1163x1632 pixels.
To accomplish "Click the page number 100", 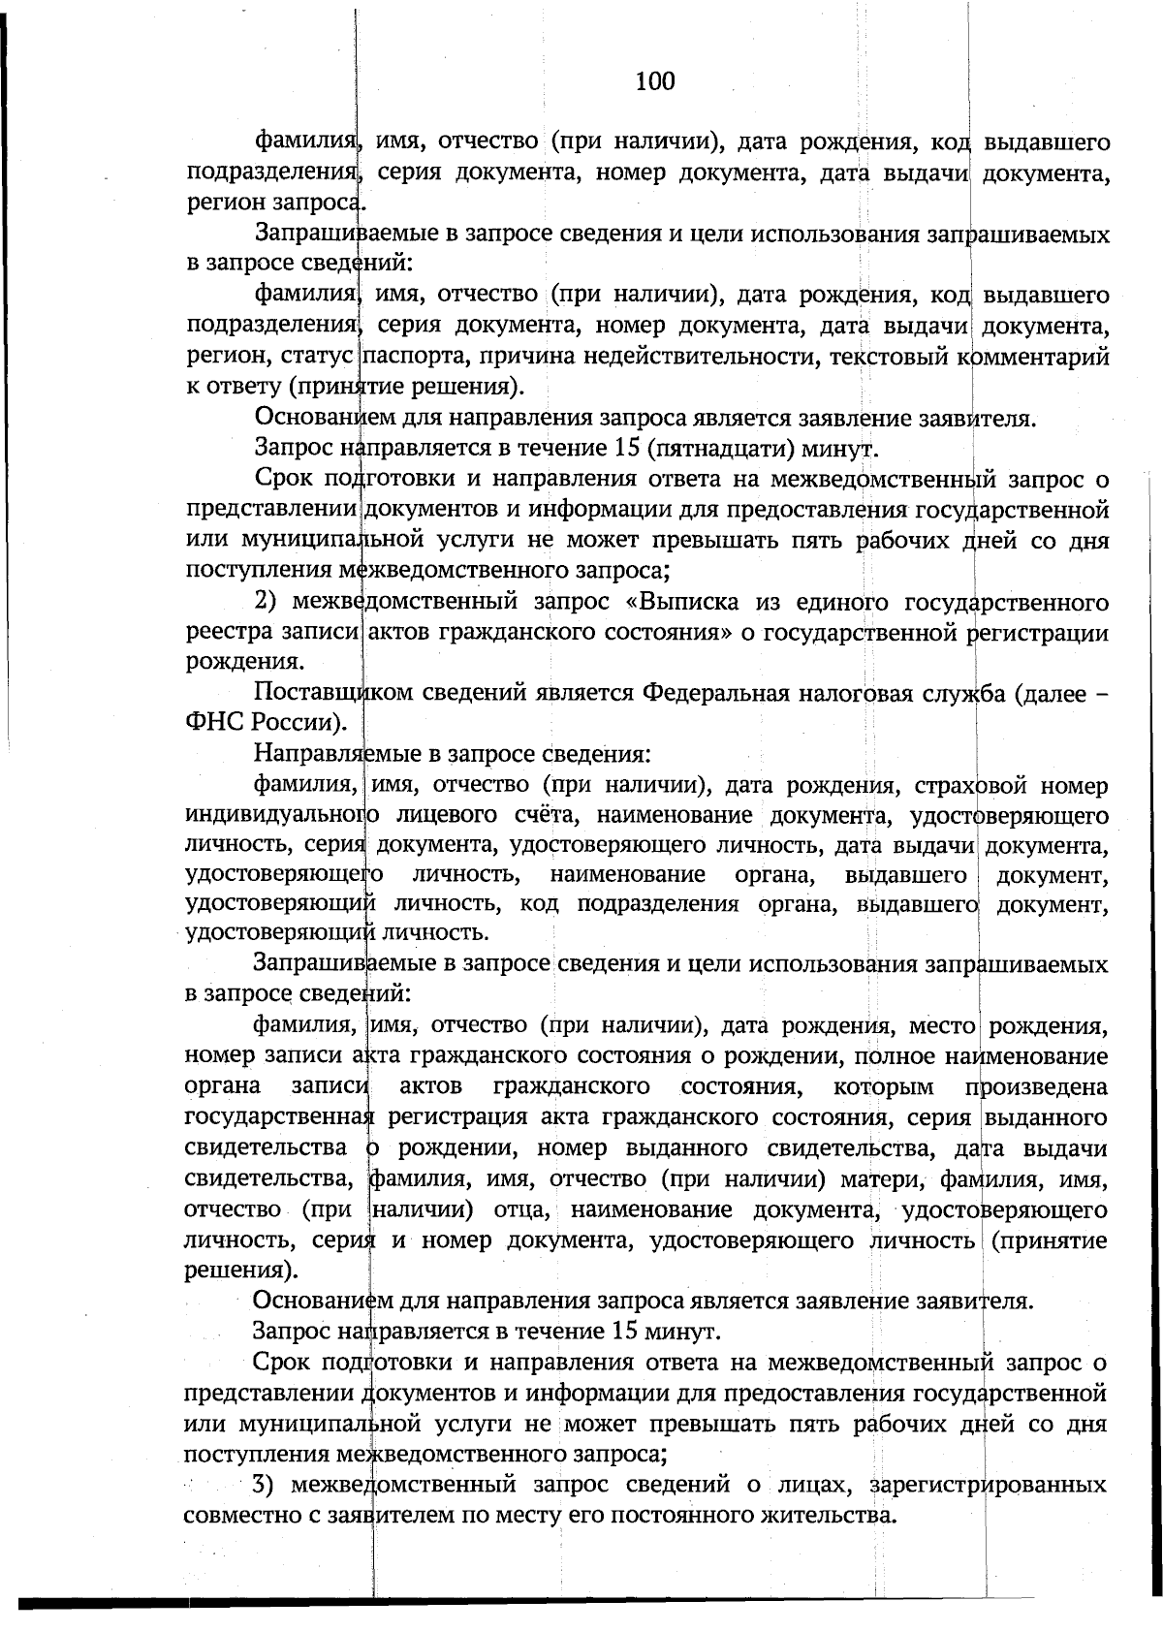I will point(655,81).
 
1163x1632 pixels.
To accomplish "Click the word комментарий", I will point(1034,357).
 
